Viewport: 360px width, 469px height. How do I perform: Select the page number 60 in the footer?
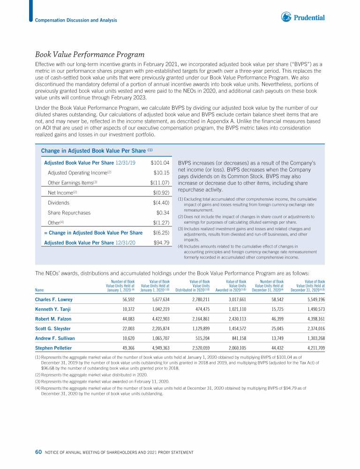click(x=38, y=452)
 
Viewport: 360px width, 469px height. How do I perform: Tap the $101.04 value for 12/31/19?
click(x=160, y=162)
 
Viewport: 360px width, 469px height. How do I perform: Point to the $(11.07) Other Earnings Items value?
click(x=159, y=182)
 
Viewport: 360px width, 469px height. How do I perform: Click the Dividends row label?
click(x=59, y=203)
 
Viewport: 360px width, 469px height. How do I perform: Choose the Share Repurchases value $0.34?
click(x=162, y=213)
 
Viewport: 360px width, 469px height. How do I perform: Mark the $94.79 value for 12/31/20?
click(x=161, y=242)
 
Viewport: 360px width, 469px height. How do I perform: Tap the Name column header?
click(x=40, y=289)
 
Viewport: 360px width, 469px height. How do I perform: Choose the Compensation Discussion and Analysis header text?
click(x=76, y=20)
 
